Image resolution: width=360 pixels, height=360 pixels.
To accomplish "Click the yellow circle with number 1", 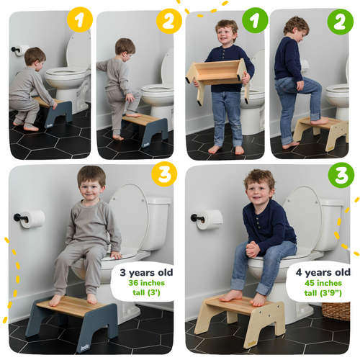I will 81,21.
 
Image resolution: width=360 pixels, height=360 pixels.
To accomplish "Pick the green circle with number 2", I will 340,21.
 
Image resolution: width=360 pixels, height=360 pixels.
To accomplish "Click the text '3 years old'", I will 143,273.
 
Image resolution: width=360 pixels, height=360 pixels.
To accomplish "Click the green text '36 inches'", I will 143,284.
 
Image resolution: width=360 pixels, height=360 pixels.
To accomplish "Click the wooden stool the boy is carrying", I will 219,74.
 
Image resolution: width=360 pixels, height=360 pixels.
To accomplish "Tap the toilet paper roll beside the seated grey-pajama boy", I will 32,219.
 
